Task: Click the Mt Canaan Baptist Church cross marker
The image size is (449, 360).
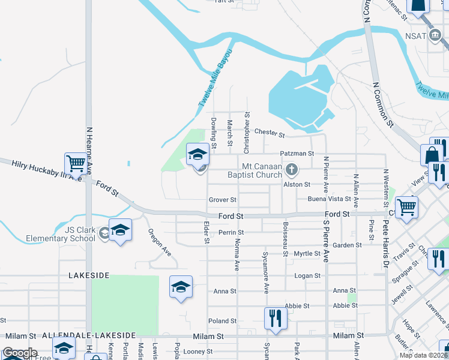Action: [291, 170]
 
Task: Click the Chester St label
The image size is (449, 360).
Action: [269, 132]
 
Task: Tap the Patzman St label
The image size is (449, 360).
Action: [297, 154]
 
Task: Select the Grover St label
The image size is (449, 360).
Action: [222, 200]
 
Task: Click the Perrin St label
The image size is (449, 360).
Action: [231, 232]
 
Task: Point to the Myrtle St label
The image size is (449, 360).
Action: [307, 254]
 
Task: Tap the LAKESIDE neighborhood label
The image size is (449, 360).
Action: [89, 275]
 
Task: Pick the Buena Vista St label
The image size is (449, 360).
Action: [329, 199]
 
